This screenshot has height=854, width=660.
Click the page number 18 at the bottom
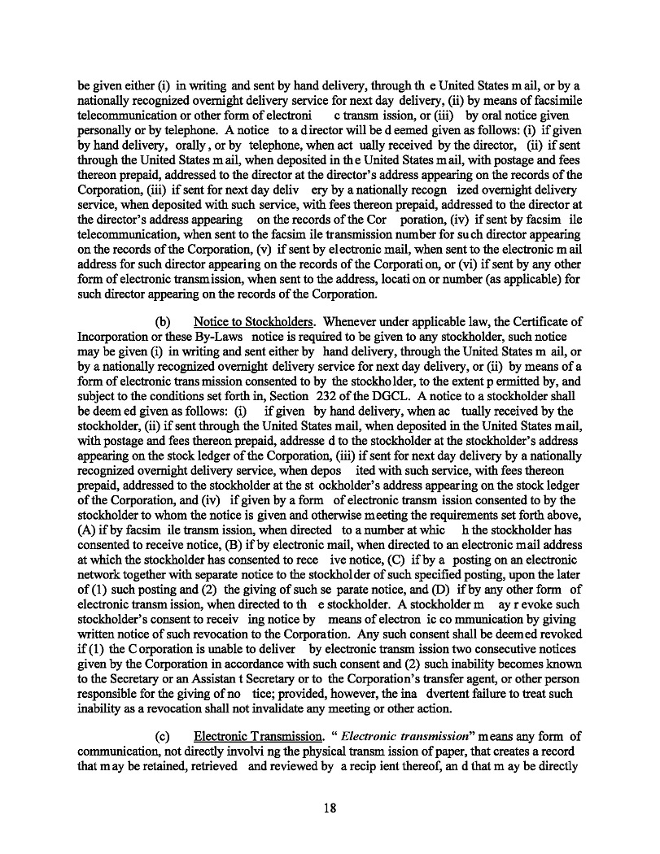[x=330, y=808]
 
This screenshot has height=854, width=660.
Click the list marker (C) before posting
[x=423, y=560]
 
